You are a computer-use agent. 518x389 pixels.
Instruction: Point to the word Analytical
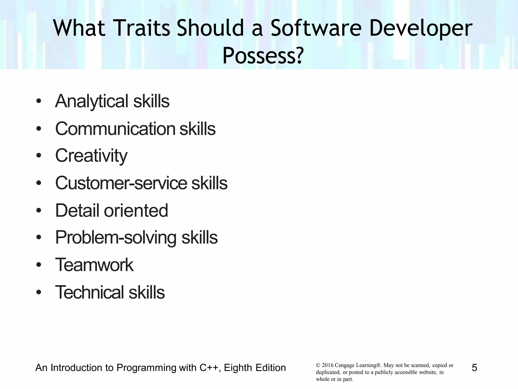tap(92, 101)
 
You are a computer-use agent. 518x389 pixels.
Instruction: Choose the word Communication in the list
tap(115, 129)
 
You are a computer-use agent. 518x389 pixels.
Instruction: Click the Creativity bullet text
tap(91, 155)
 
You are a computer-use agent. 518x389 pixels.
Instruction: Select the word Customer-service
tap(121, 183)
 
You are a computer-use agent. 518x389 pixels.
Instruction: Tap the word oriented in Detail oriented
tap(136, 210)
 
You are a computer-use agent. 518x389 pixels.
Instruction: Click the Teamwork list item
tap(94, 265)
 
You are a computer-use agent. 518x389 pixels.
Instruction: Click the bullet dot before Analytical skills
tap(38, 102)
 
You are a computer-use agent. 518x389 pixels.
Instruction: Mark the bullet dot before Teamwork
tap(38, 265)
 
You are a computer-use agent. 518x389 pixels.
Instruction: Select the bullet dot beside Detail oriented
tap(38, 211)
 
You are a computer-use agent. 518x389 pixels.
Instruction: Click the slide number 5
tap(474, 368)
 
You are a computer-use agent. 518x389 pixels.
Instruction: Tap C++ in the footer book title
tap(208, 368)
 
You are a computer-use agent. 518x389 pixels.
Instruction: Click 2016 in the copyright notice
tap(327, 365)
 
